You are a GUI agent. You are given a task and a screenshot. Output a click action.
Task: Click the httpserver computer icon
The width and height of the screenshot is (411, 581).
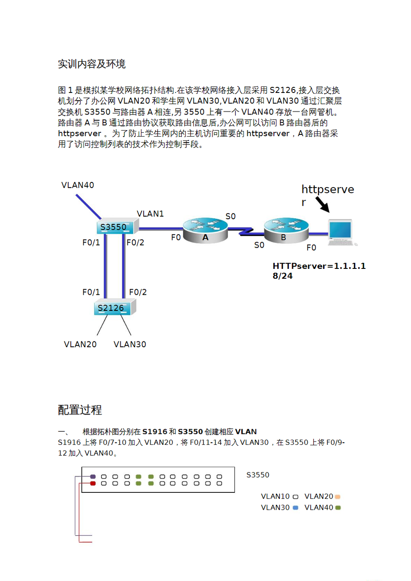(x=341, y=232)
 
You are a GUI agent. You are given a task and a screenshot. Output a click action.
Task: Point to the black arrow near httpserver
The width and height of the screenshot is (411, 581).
(x=322, y=204)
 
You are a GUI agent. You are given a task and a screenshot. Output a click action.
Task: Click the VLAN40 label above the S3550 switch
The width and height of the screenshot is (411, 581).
(x=77, y=185)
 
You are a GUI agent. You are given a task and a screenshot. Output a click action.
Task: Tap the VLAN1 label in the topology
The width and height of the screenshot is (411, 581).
(x=150, y=214)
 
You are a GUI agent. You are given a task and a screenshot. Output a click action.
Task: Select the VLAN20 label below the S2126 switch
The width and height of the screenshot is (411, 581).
(x=80, y=344)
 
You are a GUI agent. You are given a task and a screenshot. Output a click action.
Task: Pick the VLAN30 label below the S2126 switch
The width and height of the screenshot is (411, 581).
(x=130, y=344)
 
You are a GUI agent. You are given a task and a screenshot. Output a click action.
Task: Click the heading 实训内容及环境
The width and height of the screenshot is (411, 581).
(x=92, y=64)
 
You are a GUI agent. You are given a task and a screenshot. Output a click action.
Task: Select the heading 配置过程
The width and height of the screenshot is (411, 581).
(x=80, y=409)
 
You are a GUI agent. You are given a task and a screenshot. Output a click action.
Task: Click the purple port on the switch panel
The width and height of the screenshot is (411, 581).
(x=93, y=477)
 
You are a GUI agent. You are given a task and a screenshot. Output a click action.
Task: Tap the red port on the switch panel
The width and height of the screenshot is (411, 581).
(x=93, y=483)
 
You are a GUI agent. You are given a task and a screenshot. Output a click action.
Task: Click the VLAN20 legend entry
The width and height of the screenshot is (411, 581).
(x=322, y=496)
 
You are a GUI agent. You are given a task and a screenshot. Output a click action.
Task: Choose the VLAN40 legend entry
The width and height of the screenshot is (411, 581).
(x=322, y=508)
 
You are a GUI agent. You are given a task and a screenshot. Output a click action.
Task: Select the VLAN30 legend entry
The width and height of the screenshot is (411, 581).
(x=279, y=508)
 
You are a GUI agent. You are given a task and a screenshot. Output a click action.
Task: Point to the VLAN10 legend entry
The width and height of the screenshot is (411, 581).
(x=279, y=496)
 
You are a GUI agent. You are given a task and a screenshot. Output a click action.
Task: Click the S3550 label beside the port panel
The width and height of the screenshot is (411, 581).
(x=258, y=475)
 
